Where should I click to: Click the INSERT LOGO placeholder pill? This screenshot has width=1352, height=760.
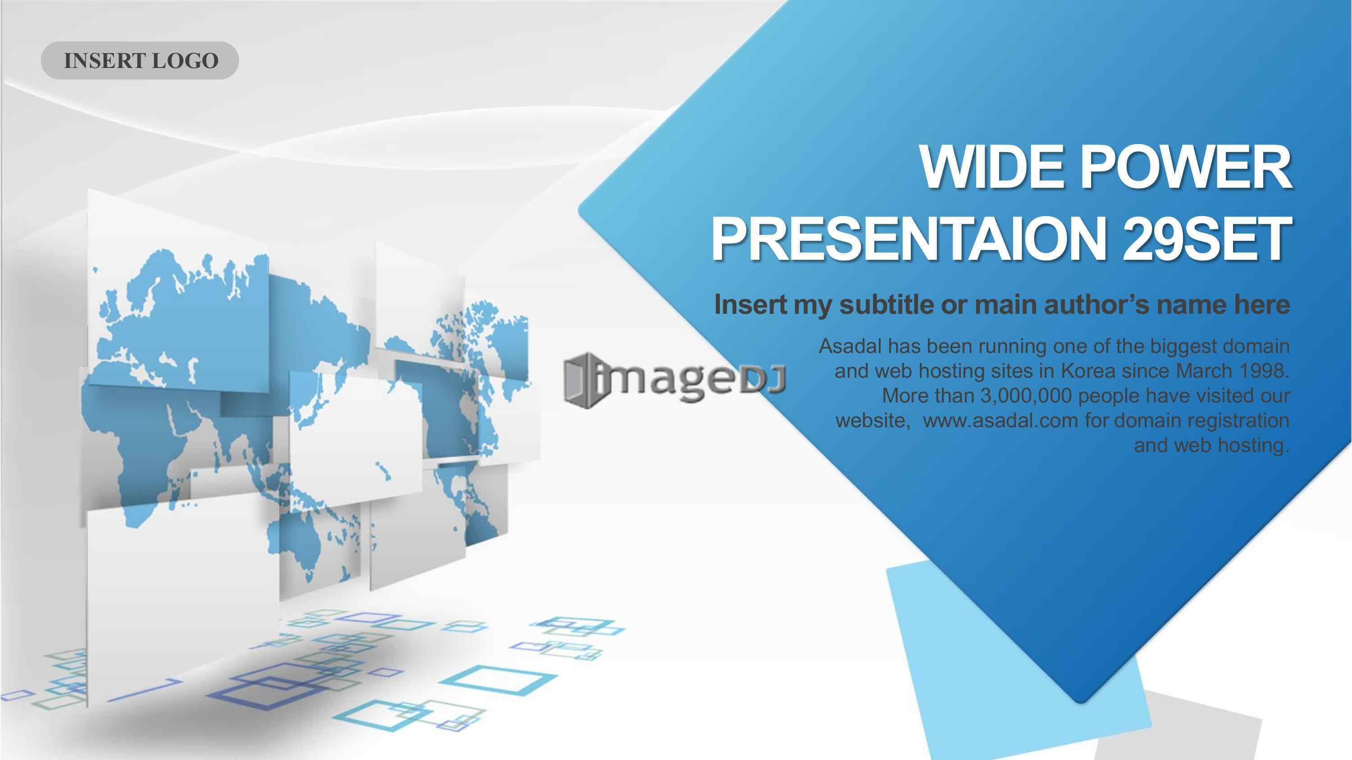point(140,60)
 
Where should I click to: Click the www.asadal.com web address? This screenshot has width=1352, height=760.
point(1000,420)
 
